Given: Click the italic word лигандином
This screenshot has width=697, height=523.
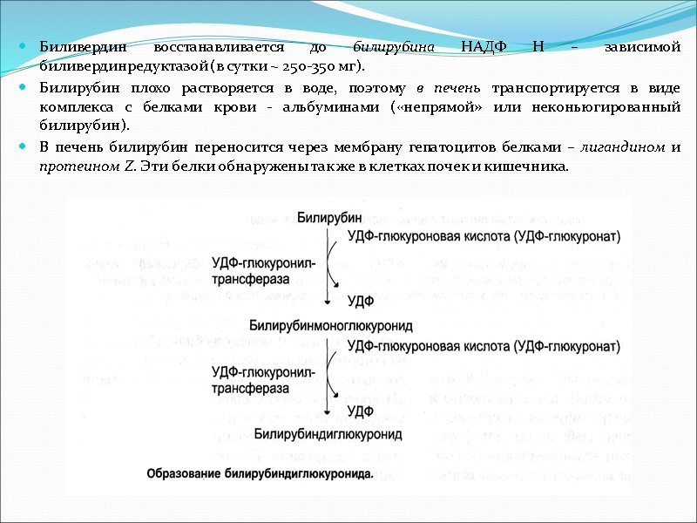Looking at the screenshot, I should (x=627, y=146).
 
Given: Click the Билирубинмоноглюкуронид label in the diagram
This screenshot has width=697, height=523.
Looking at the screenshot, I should (x=330, y=326).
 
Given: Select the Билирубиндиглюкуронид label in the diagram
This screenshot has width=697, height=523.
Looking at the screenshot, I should (x=328, y=432).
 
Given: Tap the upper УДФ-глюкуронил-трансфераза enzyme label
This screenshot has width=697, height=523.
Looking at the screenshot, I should (x=263, y=269).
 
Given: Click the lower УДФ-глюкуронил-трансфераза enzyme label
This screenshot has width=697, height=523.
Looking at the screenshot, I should (x=263, y=380).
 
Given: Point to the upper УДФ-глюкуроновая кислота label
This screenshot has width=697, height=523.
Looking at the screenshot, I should (x=484, y=235).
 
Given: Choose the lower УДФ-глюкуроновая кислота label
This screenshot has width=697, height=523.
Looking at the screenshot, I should (x=484, y=346).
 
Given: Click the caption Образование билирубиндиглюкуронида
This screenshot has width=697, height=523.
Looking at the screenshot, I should (x=259, y=474).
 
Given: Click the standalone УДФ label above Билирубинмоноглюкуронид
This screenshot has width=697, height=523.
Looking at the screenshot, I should (x=361, y=301).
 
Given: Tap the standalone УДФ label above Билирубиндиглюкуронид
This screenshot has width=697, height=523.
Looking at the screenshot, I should (x=361, y=409).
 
